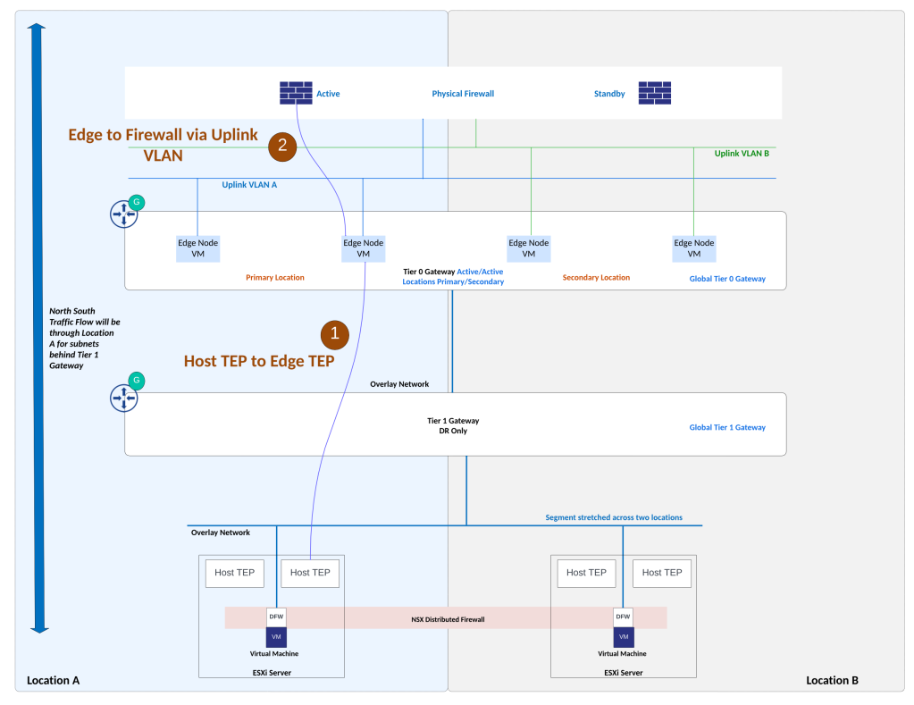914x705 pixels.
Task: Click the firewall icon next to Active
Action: point(296,93)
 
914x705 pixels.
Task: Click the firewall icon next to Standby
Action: point(654,93)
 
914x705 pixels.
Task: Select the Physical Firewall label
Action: point(463,94)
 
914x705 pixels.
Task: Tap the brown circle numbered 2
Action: point(282,146)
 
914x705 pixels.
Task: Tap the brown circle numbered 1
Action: point(334,333)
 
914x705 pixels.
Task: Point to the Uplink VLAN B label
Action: point(742,154)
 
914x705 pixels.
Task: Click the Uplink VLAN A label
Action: point(250,185)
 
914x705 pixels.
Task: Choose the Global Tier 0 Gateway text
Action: point(727,279)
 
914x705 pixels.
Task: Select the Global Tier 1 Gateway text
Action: point(727,427)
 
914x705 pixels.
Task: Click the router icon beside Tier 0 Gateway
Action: point(124,214)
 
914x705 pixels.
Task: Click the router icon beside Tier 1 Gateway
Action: point(124,398)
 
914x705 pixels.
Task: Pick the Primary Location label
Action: point(274,278)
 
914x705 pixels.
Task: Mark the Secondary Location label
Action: point(596,278)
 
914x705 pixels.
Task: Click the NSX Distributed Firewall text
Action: point(448,618)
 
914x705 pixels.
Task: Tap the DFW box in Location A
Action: point(276,617)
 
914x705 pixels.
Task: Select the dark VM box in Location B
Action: point(623,636)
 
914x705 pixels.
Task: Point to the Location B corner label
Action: point(832,680)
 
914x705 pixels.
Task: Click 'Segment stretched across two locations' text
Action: point(614,517)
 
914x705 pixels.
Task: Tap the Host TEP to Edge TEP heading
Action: point(259,361)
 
